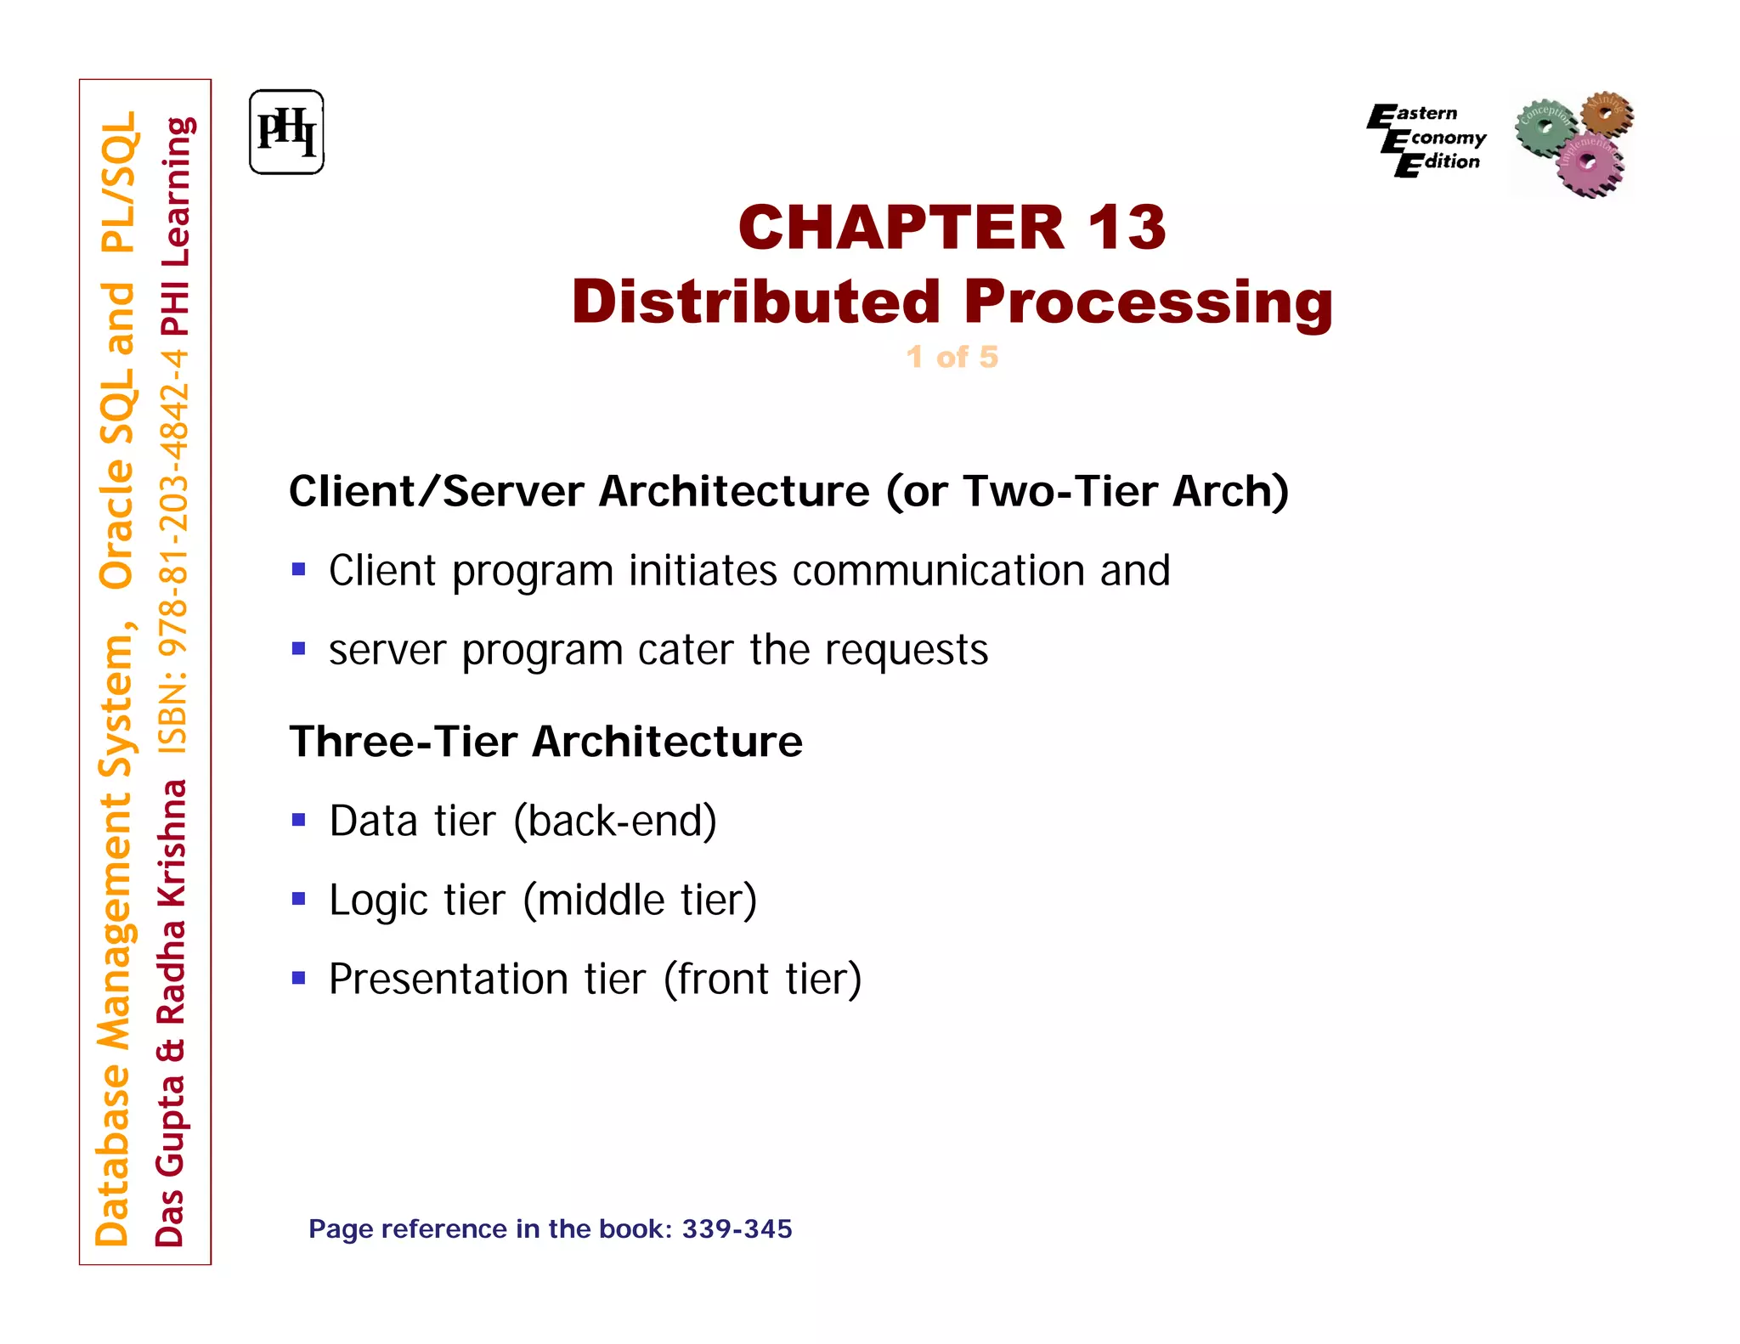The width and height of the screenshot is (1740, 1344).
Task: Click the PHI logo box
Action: tap(286, 133)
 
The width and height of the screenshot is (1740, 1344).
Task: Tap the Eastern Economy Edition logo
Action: tap(1426, 138)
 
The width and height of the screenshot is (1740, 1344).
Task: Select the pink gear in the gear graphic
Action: tap(1590, 164)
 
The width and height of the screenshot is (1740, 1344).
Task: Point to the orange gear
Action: tap(1606, 112)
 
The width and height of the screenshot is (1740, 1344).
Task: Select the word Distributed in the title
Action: tap(756, 302)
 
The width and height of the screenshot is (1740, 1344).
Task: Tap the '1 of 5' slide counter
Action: tap(952, 357)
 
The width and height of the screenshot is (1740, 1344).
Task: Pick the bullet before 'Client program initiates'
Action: tap(298, 569)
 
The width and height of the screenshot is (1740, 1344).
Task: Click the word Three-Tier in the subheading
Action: tap(403, 741)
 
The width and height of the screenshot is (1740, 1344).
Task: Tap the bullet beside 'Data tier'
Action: tap(298, 820)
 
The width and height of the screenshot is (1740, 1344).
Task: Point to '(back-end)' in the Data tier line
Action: tap(615, 821)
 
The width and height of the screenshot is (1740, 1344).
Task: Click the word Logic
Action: tap(376, 901)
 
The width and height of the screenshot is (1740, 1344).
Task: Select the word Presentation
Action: tap(449, 979)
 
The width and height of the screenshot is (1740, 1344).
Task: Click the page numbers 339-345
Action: tap(737, 1228)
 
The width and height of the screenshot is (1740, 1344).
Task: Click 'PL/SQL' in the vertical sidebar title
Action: tap(118, 183)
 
